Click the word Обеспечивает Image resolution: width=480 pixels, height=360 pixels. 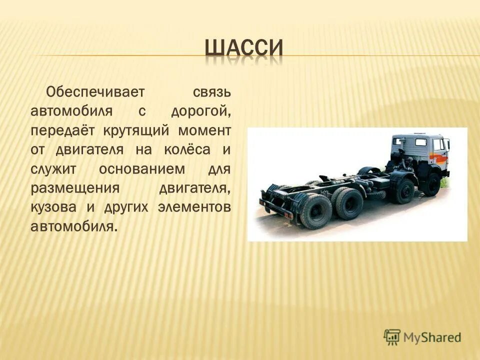95,92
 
